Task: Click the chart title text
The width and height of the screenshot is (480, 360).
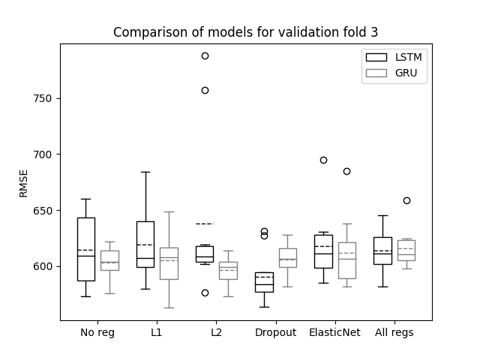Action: click(x=245, y=32)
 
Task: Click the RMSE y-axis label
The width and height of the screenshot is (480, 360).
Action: click(x=23, y=184)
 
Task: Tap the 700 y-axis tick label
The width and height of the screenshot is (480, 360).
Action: click(x=43, y=154)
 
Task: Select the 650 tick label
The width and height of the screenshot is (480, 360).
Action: click(x=43, y=211)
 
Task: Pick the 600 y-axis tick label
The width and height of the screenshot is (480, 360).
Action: click(x=43, y=266)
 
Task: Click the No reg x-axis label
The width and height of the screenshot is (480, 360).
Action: click(x=97, y=332)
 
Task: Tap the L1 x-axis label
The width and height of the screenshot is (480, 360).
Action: click(x=157, y=332)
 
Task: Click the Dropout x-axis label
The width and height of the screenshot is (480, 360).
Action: click(x=275, y=332)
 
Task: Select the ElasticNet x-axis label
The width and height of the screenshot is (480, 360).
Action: click(x=334, y=332)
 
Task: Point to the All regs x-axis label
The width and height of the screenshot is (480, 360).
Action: click(x=394, y=332)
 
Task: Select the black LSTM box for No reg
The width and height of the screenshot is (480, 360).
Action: click(x=78, y=249)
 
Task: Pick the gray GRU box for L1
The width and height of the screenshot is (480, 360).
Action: click(x=160, y=263)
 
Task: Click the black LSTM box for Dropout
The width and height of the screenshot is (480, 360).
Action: click(x=256, y=282)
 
